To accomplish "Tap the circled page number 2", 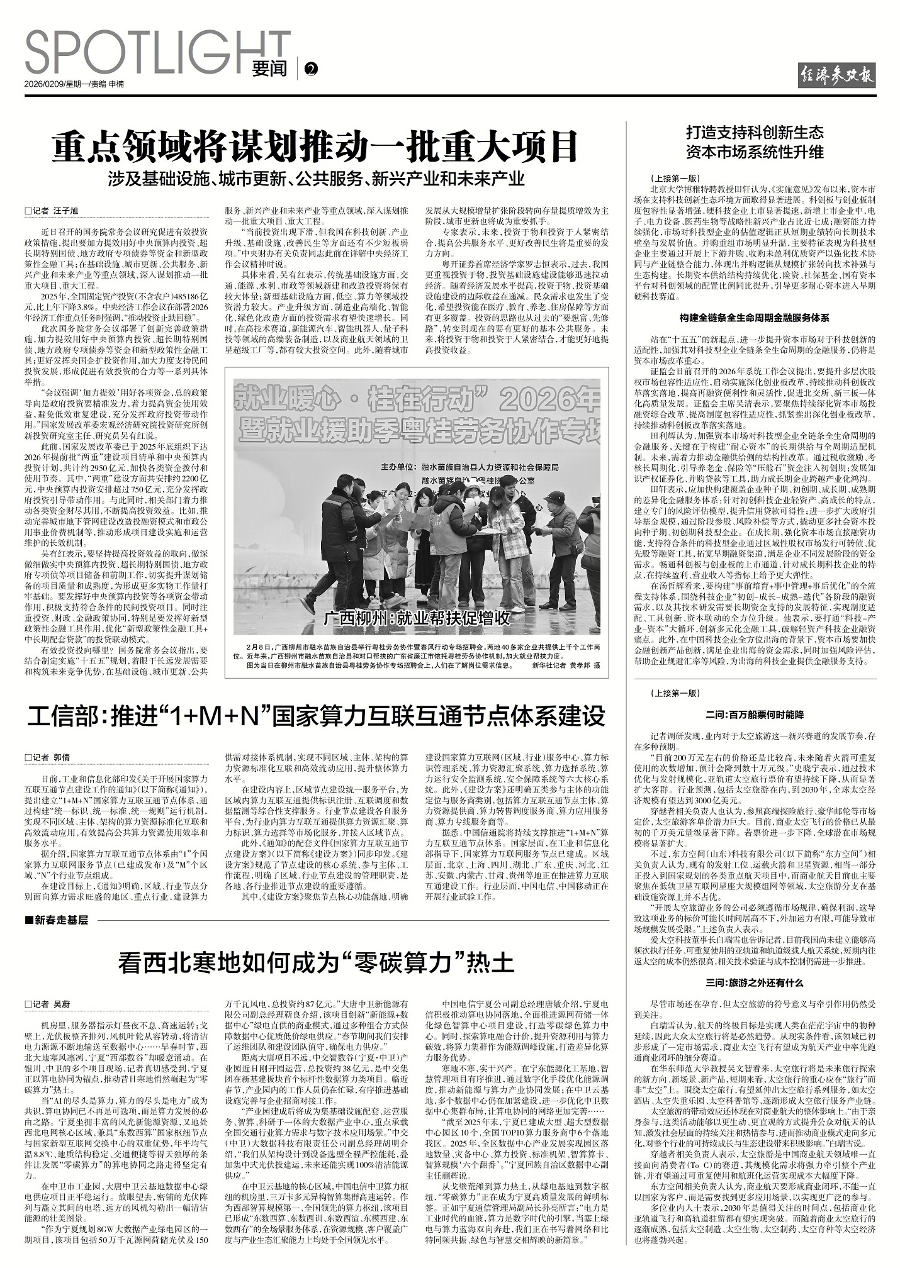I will click(310, 69).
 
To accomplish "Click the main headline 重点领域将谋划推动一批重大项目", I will click(315, 147).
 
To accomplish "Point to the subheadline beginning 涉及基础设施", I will click(315, 179).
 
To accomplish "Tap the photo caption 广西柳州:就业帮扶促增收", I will click(416, 618).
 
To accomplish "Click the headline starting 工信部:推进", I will click(315, 716).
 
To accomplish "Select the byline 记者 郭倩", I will click(47, 757).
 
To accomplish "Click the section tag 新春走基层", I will click(57, 920).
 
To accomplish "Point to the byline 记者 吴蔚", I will click(47, 1003).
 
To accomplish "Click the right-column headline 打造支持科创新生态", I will click(754, 133).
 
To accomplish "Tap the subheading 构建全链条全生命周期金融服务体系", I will click(754, 318).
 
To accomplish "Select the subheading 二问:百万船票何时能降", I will click(754, 715).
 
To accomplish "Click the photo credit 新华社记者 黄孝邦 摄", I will click(566, 665).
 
